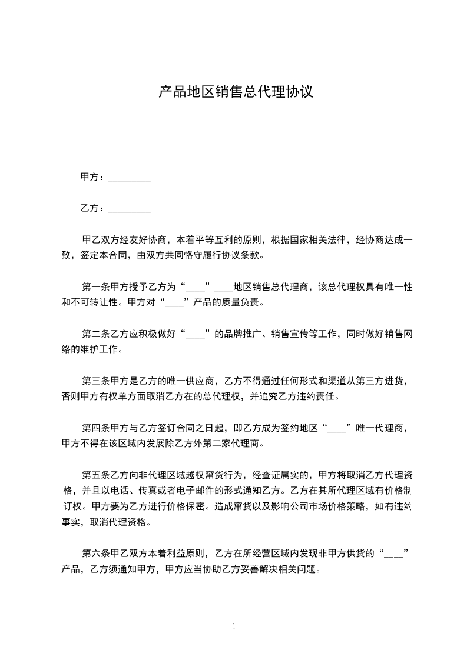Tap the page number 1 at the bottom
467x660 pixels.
(234, 626)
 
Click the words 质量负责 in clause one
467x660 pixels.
(238, 303)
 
